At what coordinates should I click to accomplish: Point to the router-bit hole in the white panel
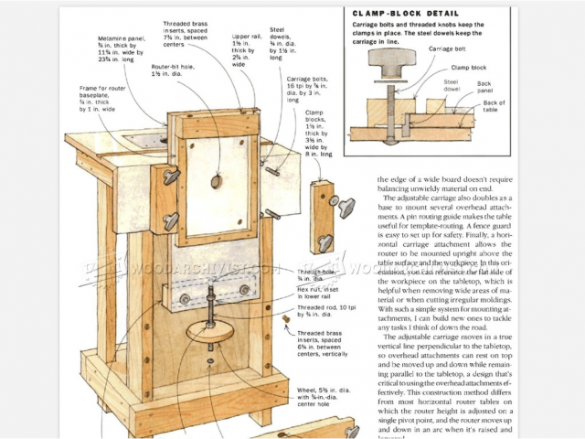[x=216, y=182]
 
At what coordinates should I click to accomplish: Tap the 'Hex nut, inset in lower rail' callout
[x=319, y=293]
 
